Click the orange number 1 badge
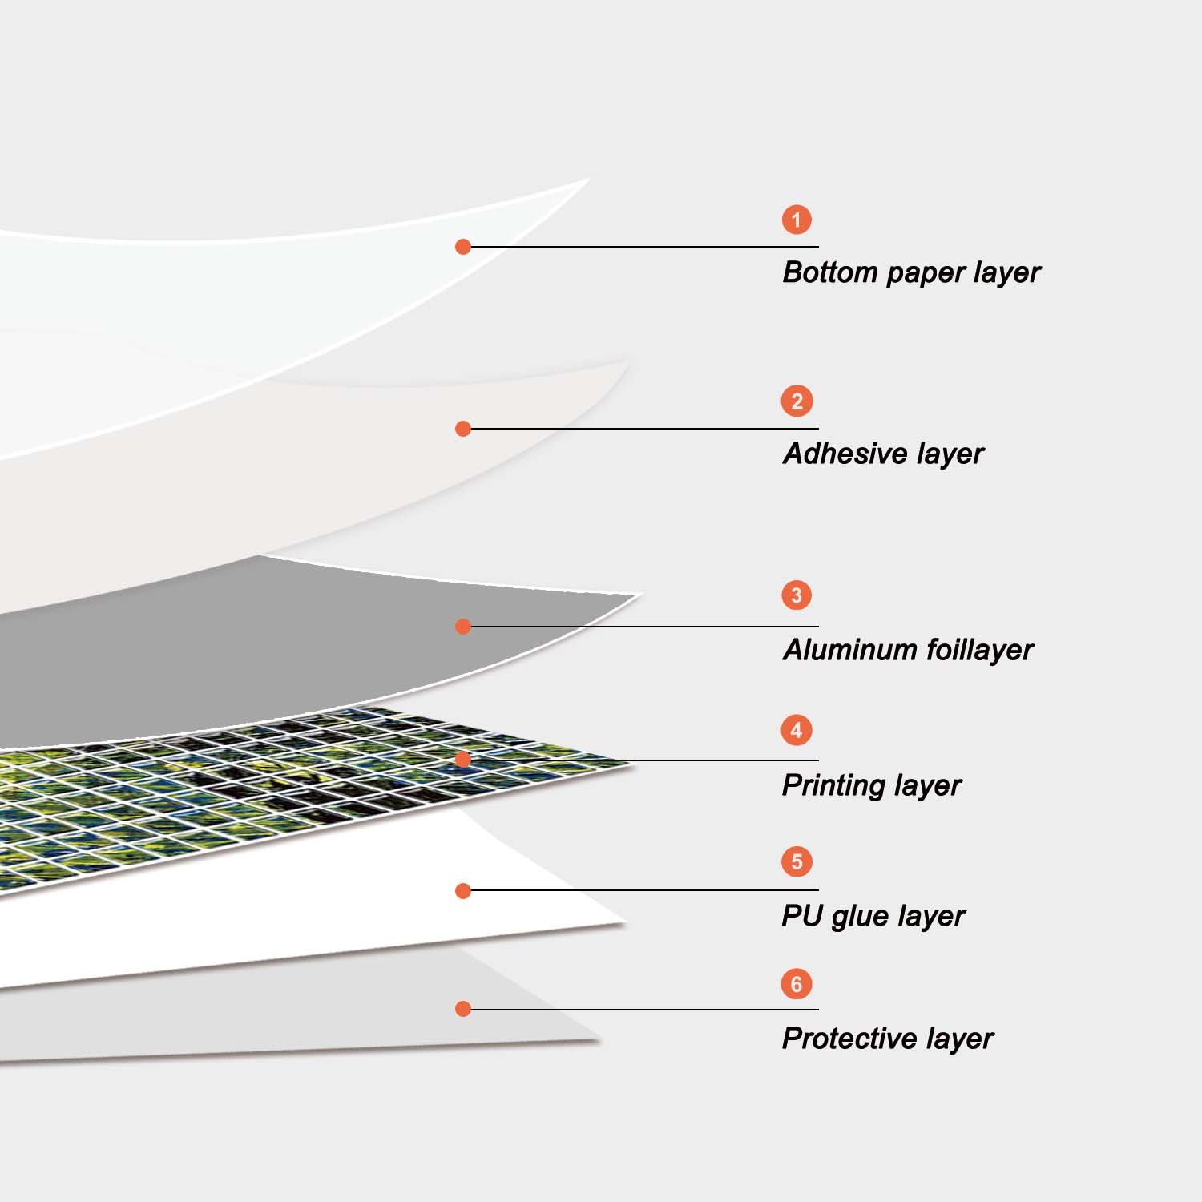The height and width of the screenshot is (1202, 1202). point(797,220)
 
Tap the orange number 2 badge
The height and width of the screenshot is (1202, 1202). point(797,401)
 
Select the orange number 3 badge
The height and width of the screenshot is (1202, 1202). point(797,595)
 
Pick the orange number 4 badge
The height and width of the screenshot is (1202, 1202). point(797,730)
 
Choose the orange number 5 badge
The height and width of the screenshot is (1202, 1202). point(797,861)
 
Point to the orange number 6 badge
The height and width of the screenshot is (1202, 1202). point(797,984)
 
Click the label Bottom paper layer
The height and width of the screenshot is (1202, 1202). point(911,273)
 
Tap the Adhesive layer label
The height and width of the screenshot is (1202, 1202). point(883,454)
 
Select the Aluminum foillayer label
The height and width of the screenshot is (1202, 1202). point(908,650)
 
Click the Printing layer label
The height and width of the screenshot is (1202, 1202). point(871,785)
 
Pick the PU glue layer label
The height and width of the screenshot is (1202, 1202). point(873,916)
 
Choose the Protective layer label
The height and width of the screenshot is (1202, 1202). point(887,1039)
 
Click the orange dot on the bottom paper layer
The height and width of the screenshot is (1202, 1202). point(463,247)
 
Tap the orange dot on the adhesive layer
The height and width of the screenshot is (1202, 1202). point(463,429)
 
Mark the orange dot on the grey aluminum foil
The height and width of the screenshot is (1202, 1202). point(463,627)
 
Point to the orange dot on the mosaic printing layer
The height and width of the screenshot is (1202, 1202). point(463,760)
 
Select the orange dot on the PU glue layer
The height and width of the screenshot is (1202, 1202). point(463,891)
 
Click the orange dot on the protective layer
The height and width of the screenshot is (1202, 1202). point(463,1009)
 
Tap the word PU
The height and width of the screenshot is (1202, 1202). point(802,915)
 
